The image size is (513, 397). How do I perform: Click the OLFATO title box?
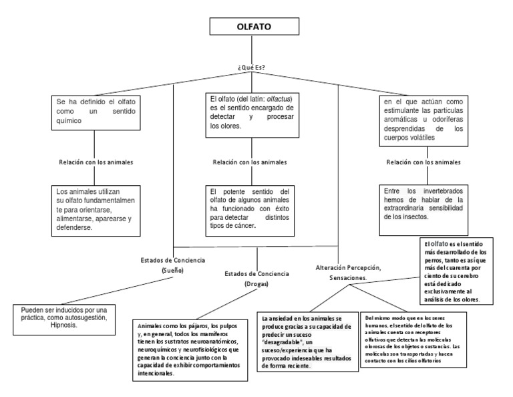[254, 28]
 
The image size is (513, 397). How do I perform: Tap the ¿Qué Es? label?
[254, 68]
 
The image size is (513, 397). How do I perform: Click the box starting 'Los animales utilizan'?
[95, 209]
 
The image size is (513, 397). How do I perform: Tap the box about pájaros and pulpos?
[186, 346]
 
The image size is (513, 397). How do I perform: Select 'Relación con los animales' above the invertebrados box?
[423, 162]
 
